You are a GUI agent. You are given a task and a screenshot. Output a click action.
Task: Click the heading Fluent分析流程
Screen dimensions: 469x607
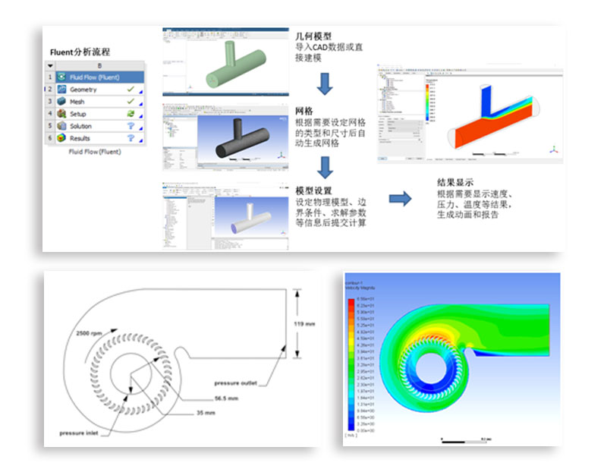(x=80, y=52)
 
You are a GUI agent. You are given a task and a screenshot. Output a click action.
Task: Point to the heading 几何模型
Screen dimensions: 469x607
(x=313, y=36)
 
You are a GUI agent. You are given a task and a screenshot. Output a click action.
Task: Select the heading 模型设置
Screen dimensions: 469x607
(x=313, y=190)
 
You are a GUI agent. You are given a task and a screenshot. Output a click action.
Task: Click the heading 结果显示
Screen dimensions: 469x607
(x=456, y=182)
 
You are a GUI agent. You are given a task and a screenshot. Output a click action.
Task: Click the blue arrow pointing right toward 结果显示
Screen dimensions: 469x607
(x=400, y=199)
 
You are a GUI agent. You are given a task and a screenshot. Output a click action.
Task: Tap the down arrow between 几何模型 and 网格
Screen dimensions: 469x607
(x=325, y=83)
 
